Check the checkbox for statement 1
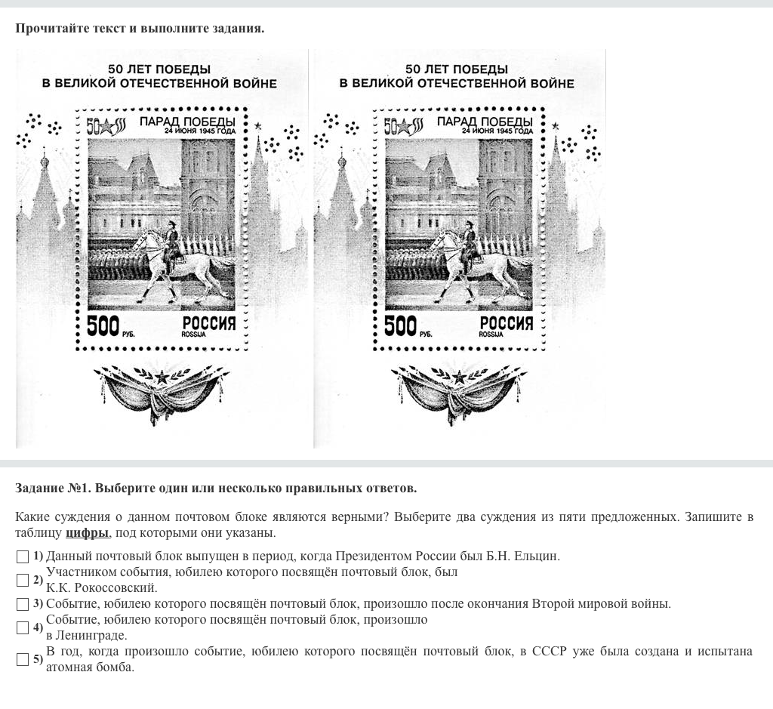pyautogui.click(x=23, y=556)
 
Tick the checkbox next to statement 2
pyautogui.click(x=23, y=581)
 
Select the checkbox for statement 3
pyautogui.click(x=23, y=604)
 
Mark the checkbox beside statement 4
pyautogui.click(x=23, y=627)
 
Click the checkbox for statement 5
pyautogui.click(x=23, y=659)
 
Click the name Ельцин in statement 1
pyautogui.click(x=537, y=556)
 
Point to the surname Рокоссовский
pyautogui.click(x=115, y=588)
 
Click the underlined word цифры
pyautogui.click(x=88, y=533)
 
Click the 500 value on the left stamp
pyautogui.click(x=103, y=326)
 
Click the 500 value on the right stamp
pyautogui.click(x=400, y=326)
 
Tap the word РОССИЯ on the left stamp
pyautogui.click(x=209, y=323)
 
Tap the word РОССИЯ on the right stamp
pyautogui.click(x=507, y=323)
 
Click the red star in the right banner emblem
pyautogui.click(x=459, y=378)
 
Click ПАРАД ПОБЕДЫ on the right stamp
pyautogui.click(x=485, y=122)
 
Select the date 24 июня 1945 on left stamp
pyautogui.click(x=200, y=131)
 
